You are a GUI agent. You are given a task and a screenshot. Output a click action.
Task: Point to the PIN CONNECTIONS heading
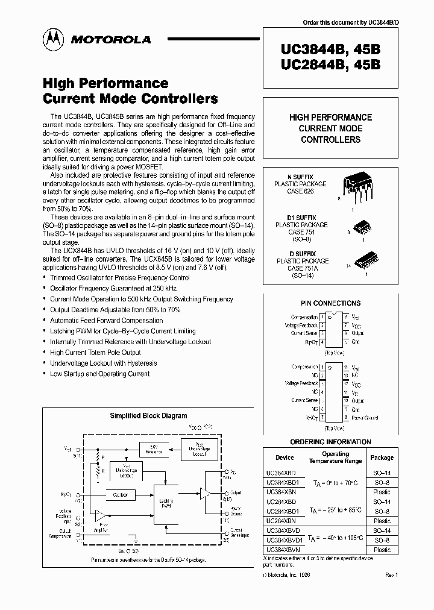pos(330,303)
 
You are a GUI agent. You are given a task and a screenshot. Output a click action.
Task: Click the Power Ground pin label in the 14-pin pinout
pos(365,417)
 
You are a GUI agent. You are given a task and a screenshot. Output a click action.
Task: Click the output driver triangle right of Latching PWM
pos(206,492)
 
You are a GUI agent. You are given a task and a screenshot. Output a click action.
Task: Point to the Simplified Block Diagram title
pos(148,415)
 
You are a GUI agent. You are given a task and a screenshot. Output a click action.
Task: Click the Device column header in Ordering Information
pos(285,457)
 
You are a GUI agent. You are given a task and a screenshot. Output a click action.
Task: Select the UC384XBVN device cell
pos(281,550)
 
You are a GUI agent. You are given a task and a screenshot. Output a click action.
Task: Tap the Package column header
pos(382,457)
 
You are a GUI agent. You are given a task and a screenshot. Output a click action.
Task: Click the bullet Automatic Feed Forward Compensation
pos(106,321)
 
